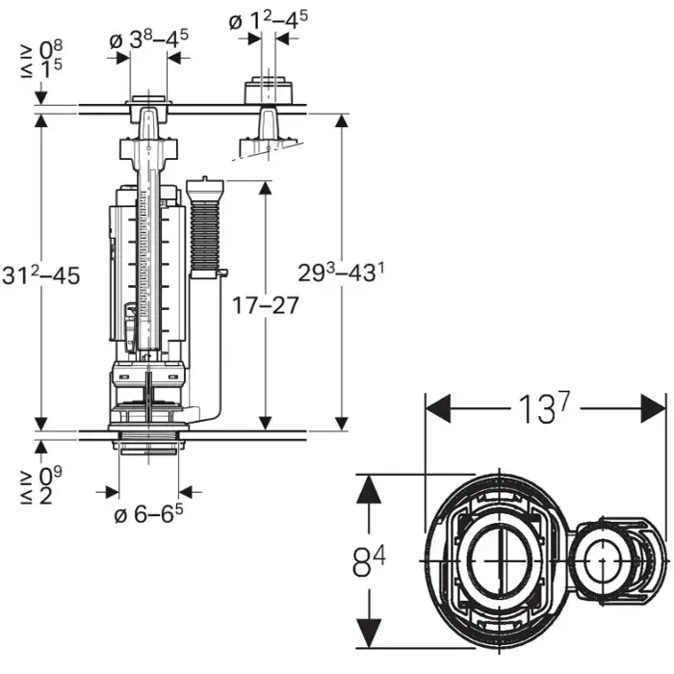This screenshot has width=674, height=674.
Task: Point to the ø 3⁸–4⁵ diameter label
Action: (x=148, y=39)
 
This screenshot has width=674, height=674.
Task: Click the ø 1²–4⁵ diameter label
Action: (x=269, y=20)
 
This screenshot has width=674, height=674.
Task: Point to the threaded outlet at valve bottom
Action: (x=148, y=441)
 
